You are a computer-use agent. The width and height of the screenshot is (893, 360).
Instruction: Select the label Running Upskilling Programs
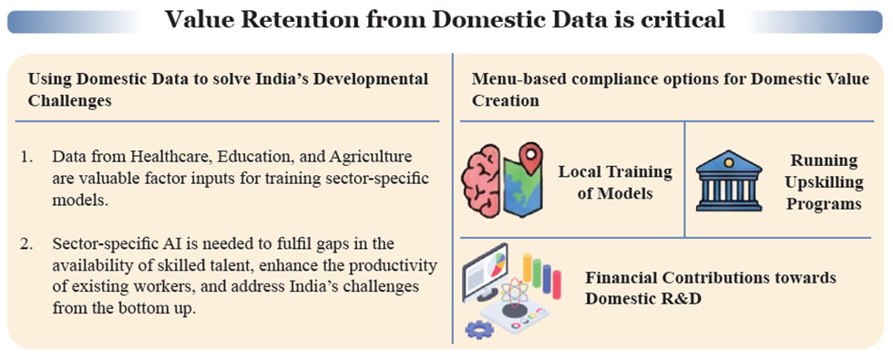[x=824, y=181]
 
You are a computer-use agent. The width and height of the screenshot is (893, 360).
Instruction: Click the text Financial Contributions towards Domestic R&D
[x=711, y=288]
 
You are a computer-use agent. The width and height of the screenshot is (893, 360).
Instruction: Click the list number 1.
[x=27, y=156]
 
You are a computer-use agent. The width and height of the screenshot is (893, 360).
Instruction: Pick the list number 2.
[x=27, y=244]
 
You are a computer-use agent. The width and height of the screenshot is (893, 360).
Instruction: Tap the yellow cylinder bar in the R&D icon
[x=527, y=267]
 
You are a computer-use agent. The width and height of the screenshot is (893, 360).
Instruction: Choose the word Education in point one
[x=254, y=157]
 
